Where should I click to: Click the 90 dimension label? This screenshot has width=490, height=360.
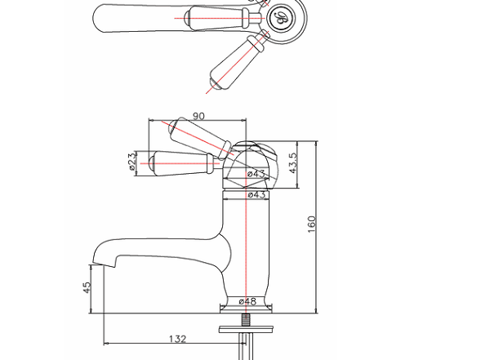pos(198,116)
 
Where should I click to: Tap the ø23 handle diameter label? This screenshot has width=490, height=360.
pos(133,161)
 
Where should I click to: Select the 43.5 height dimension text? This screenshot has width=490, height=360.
pos(293,162)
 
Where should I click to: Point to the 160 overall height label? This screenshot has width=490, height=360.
pos(312,224)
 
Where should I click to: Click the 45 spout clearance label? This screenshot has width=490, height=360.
pos(87,287)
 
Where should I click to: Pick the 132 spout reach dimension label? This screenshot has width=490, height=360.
pos(177,339)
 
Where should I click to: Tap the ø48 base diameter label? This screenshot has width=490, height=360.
pos(247,301)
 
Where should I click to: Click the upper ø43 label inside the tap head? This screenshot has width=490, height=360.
pos(256,173)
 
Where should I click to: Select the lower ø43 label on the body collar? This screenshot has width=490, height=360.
pos(257,194)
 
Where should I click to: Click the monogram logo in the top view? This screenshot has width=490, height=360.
pos(281,18)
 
